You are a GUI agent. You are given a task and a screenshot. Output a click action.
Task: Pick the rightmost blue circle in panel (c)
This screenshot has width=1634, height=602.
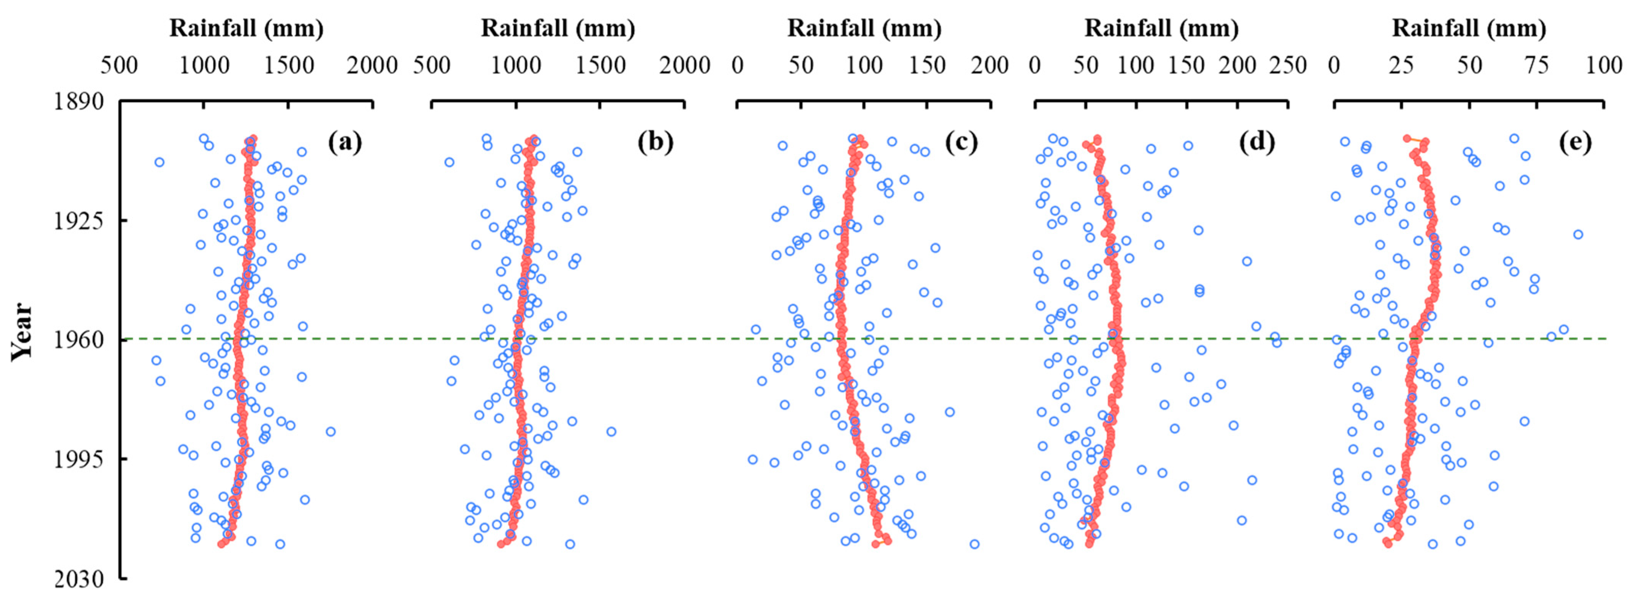[974, 544]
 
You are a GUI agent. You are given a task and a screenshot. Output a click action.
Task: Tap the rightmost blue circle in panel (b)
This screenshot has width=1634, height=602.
[611, 431]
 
